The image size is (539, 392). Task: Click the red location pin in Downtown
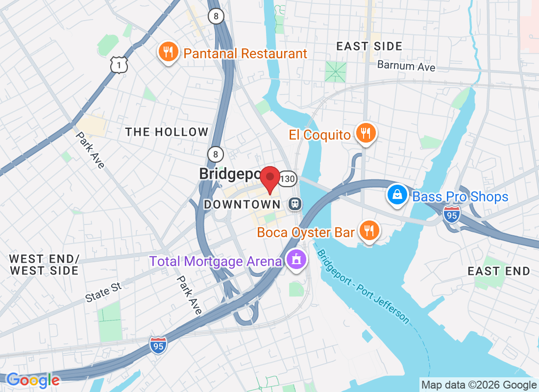coord(269,177)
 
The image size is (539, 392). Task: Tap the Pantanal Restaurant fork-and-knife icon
coord(168,51)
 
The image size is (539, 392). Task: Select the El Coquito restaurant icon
coord(366,132)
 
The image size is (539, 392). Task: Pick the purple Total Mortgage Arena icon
coord(296,258)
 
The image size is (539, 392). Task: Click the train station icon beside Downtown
coord(295,203)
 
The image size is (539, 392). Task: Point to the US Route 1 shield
coord(119,65)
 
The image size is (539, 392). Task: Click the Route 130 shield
coord(288,179)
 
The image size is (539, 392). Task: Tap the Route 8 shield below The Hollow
coord(216,153)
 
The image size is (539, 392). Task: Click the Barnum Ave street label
coord(406,66)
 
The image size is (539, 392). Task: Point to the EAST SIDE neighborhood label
coord(369,47)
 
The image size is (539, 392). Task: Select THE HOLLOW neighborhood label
coord(167,132)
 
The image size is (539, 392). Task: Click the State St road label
coord(103,292)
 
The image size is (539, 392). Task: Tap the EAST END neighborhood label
coord(499,271)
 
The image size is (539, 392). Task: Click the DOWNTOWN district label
coord(242,204)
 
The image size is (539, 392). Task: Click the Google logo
coord(33,380)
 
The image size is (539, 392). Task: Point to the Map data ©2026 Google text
coord(479,385)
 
